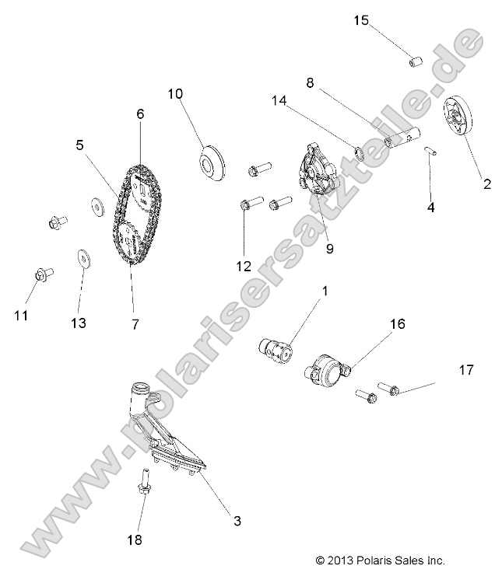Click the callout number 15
tap(361, 20)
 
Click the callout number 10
tap(175, 94)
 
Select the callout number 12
tap(244, 266)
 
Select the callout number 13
tap(80, 323)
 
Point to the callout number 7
tap(135, 323)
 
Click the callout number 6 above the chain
tap(140, 113)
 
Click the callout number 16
tap(397, 324)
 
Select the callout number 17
tap(466, 371)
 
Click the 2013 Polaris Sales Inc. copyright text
tap(380, 560)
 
